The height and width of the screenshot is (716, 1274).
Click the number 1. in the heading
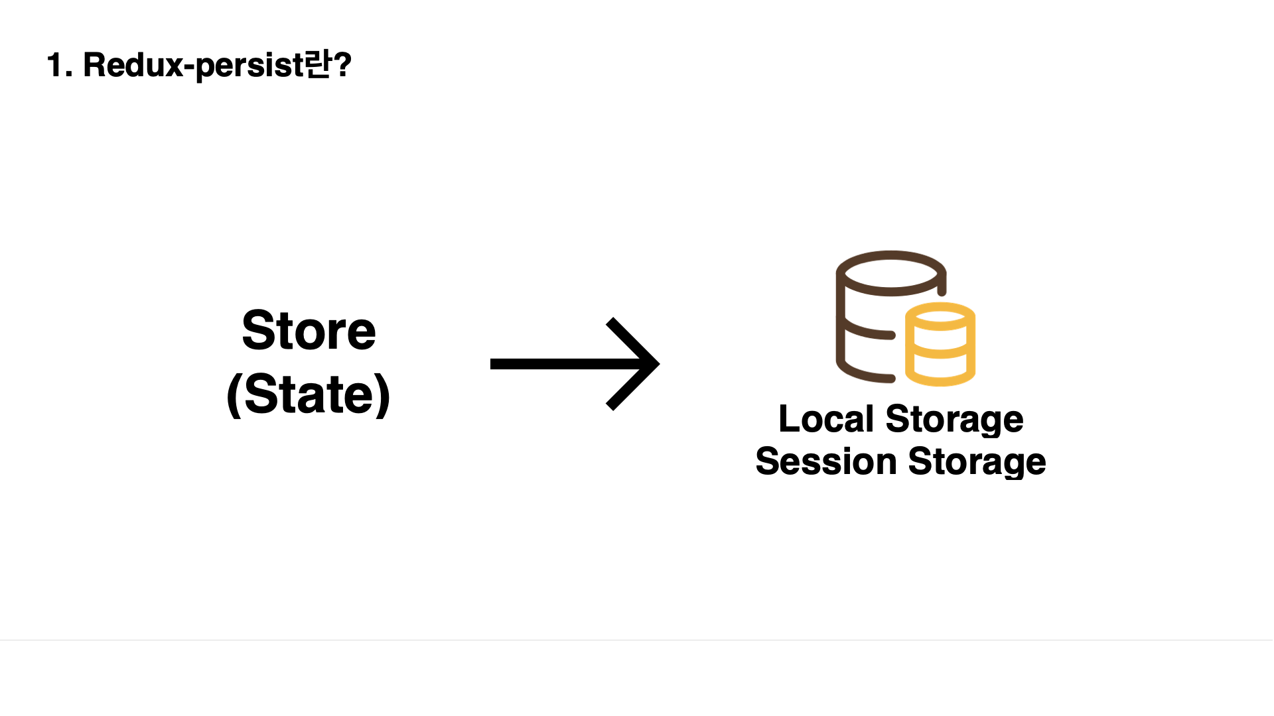point(60,66)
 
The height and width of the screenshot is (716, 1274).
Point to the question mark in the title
point(342,65)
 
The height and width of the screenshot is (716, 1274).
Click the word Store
point(309,330)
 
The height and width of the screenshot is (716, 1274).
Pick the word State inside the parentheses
point(309,394)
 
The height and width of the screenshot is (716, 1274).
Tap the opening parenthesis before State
point(234,395)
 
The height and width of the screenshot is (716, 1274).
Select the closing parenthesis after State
point(382,395)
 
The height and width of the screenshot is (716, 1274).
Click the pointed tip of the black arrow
point(659,363)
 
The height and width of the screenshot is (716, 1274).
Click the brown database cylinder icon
point(869,317)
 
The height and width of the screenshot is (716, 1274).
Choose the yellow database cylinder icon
point(940,344)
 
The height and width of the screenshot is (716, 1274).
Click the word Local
point(826,419)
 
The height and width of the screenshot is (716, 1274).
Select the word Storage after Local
point(954,421)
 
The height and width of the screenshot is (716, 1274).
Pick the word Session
point(825,461)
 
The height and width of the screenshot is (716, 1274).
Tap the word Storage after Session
point(977,463)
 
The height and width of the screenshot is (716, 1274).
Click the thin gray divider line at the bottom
point(637,640)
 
